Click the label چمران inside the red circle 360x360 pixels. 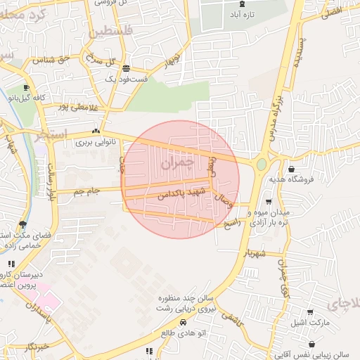(x=176, y=163)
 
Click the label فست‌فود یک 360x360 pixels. (x=126, y=79)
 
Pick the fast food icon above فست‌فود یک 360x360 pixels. (x=126, y=68)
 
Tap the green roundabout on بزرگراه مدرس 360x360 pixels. (x=262, y=164)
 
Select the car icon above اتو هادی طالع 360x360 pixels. (x=183, y=322)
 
